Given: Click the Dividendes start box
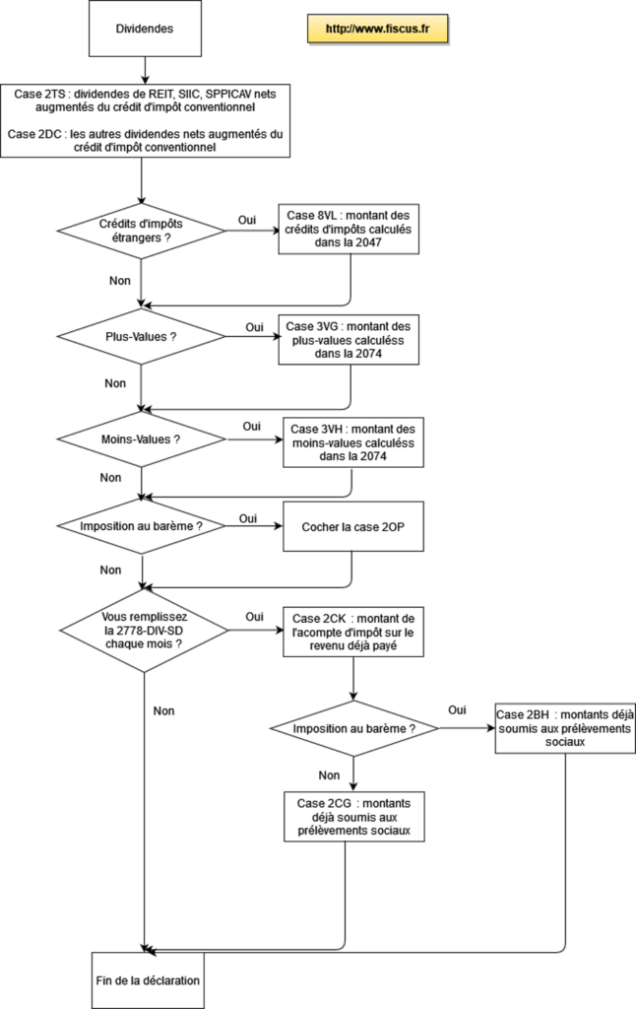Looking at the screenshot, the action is point(145,29).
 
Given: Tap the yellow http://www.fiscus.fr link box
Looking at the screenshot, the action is point(377,29).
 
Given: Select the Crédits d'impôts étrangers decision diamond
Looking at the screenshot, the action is point(141,231).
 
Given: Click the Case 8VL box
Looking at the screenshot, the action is point(349,229).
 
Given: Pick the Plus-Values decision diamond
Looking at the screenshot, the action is point(141,337).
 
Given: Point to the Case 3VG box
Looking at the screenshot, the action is point(349,340).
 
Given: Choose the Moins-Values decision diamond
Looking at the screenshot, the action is point(141,439).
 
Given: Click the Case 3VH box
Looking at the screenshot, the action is point(353,442).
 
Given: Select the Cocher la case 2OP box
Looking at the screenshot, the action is point(353,527).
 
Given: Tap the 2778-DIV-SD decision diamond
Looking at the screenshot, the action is point(144,630).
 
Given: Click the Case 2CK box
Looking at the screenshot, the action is point(353,632).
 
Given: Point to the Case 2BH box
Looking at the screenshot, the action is point(565,728).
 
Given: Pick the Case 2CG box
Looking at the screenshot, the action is point(353,817).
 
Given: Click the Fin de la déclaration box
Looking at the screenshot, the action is point(148,980).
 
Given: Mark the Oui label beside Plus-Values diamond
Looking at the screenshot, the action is point(254,327).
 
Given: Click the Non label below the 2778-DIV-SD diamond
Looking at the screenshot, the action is point(164,711).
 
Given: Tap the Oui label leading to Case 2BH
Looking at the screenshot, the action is point(457,709).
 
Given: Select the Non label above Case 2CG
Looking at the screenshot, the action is point(329,775).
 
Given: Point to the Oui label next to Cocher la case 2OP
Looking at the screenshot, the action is point(247,518).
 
